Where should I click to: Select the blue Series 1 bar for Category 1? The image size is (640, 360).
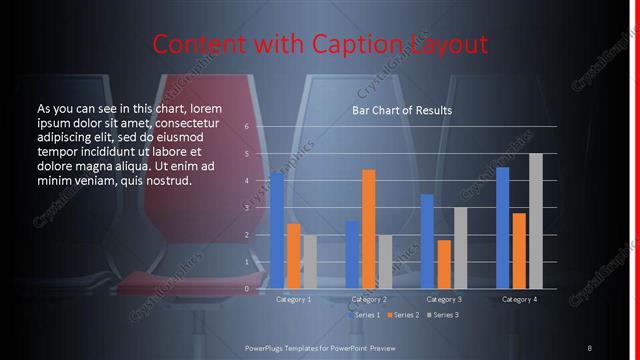[x=277, y=231]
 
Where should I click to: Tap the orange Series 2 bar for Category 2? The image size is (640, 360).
[x=368, y=229]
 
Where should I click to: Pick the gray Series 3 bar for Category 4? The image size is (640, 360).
[x=535, y=221]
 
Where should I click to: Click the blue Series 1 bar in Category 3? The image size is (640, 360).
[x=427, y=241]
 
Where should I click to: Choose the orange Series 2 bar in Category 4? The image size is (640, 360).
[x=519, y=250]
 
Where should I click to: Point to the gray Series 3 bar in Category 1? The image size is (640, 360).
[x=309, y=262]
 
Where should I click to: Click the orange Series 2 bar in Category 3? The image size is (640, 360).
[x=443, y=264]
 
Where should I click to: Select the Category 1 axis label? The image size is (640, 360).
[x=293, y=299]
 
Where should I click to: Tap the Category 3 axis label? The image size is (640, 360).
[x=443, y=299]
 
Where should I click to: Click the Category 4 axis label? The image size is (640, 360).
[x=519, y=299]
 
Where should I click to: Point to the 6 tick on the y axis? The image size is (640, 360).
[x=246, y=127]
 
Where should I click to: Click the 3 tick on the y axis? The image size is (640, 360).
[x=246, y=208]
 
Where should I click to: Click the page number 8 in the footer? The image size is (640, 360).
[x=589, y=347]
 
